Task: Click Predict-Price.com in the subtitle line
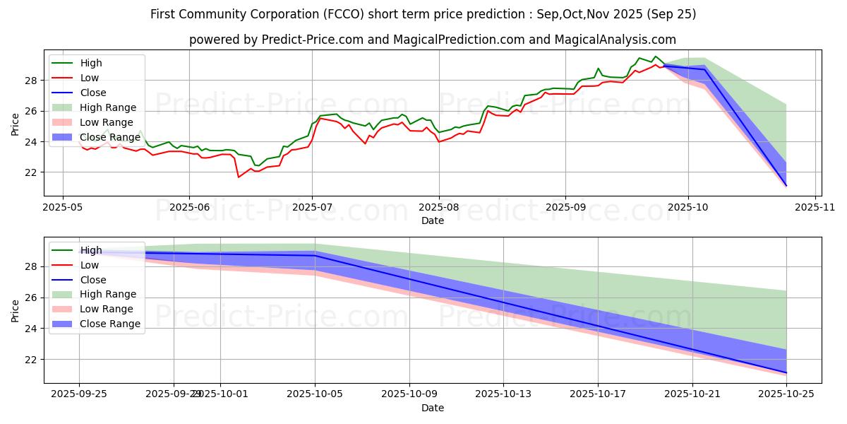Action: pos(308,40)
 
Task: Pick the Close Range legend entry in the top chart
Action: pos(109,137)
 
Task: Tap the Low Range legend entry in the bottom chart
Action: pos(107,309)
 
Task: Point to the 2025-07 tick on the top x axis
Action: pos(312,208)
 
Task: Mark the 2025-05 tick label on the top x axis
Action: pos(63,208)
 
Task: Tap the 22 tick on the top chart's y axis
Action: pos(31,172)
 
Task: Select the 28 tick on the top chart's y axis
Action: pos(31,81)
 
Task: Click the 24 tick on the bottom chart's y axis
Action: pos(31,329)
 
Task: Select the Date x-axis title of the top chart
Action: pos(433,220)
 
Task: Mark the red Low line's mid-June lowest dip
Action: pos(239,177)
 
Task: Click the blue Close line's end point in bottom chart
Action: pos(786,372)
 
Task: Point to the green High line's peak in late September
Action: pos(656,57)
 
